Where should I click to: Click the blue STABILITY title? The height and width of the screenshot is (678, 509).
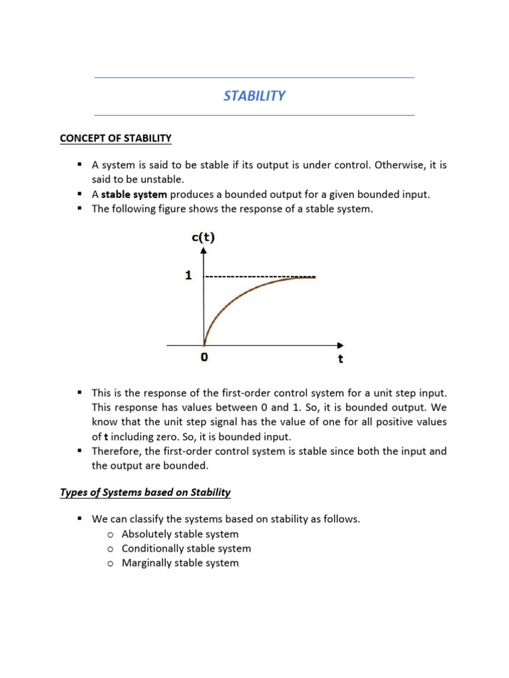[x=254, y=96]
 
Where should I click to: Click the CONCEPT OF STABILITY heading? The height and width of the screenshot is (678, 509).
[x=115, y=138]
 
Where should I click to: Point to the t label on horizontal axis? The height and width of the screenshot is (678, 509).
[x=340, y=360]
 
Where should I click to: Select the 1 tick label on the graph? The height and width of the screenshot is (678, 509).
[x=188, y=276]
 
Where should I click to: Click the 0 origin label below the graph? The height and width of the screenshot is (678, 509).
[x=203, y=358]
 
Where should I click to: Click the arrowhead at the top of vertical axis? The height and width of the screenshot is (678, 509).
[x=203, y=250]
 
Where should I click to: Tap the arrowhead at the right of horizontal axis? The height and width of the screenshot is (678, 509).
[x=340, y=345]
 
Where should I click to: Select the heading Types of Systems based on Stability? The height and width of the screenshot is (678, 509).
[x=145, y=492]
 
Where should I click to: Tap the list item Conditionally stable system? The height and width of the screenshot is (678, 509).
[x=186, y=549]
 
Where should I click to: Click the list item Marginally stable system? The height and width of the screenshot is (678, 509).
[x=180, y=563]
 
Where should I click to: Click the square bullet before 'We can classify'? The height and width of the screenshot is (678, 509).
[x=79, y=519]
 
